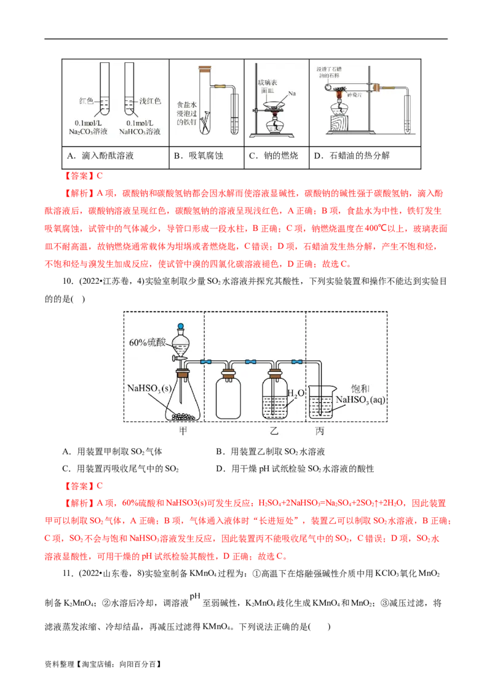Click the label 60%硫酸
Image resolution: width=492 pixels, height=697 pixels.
[146, 342]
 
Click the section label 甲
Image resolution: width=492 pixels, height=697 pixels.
[183, 431]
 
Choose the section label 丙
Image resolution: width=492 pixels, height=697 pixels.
[319, 431]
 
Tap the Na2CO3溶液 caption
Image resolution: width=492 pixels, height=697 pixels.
[90, 127]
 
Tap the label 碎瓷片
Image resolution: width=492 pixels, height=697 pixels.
[357, 95]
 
